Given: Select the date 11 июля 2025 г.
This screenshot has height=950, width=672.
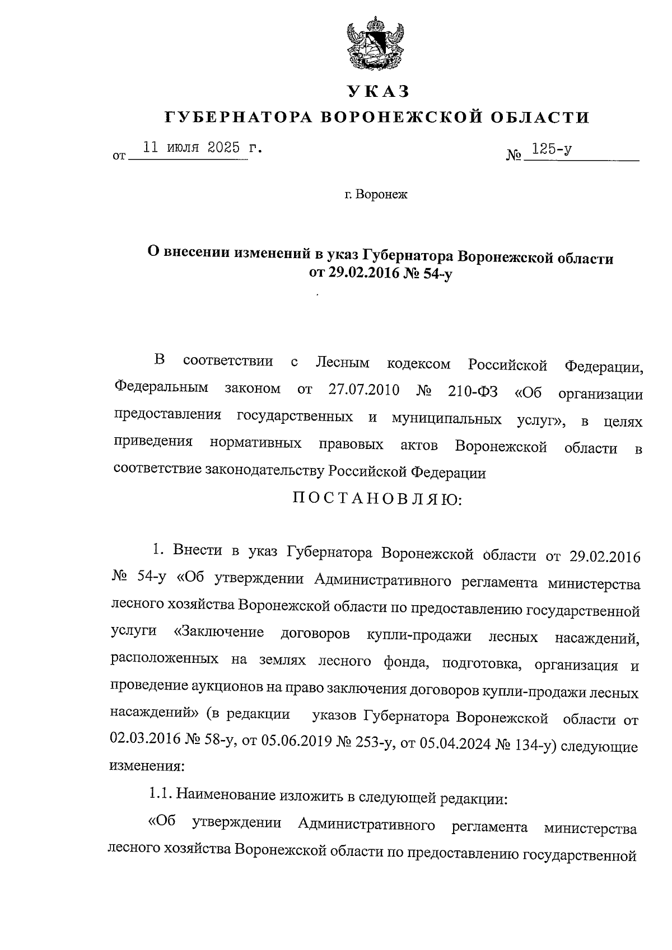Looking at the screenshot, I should (x=195, y=148).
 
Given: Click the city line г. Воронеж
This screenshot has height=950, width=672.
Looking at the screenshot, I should (x=376, y=195).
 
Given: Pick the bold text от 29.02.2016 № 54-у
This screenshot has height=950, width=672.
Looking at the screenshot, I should (x=379, y=274).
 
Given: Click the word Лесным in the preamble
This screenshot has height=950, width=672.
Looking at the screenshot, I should (x=342, y=363).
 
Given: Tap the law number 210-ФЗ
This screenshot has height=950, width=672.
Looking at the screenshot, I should (x=473, y=391).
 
